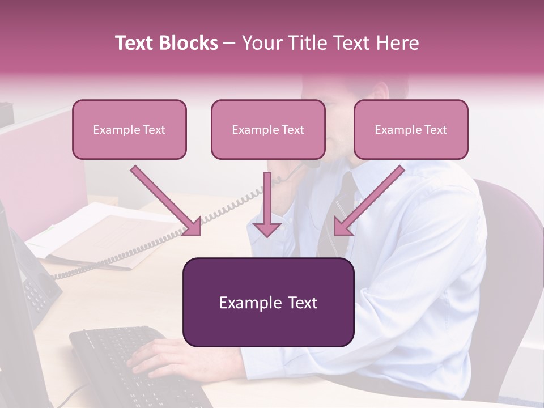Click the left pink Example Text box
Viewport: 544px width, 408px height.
[129, 129]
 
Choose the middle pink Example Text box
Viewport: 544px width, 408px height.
[268, 129]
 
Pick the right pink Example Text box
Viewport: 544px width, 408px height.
[411, 129]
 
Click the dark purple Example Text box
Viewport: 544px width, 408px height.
[268, 302]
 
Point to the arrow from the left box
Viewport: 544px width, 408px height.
[167, 201]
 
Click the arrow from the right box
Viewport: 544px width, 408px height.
[368, 201]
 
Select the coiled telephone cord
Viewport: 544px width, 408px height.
[227, 215]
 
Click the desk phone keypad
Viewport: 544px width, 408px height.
[37, 295]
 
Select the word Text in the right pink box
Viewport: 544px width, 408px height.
[435, 129]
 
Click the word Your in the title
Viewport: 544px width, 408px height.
[258, 43]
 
